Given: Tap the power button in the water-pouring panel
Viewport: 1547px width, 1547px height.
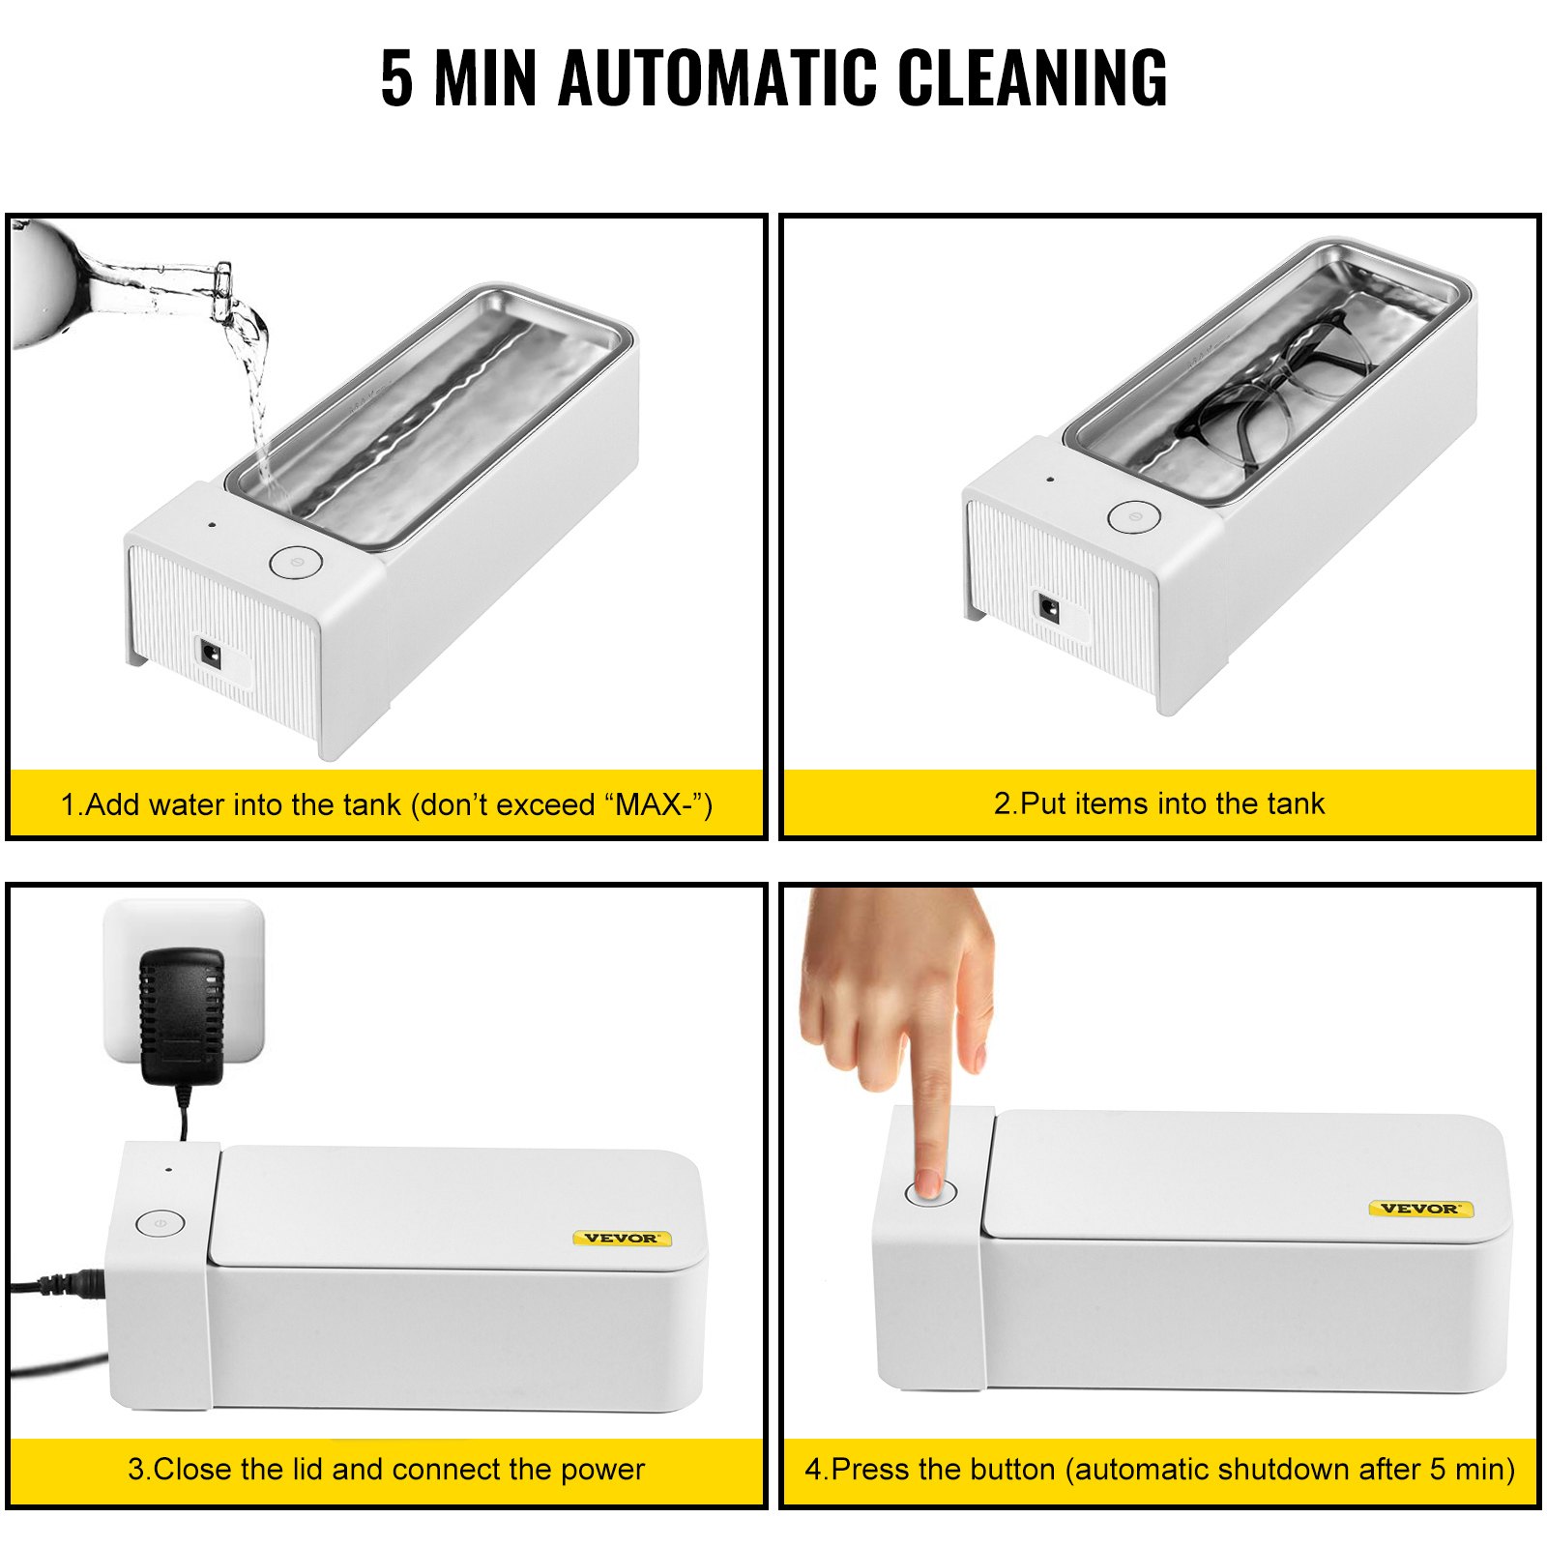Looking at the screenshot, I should pyautogui.click(x=295, y=562).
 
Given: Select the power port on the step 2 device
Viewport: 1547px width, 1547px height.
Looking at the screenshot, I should pyautogui.click(x=1048, y=610).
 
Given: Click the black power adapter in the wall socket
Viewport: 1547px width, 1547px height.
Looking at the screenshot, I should pyautogui.click(x=182, y=1015).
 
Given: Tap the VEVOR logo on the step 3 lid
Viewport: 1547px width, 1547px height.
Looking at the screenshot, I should pyautogui.click(x=621, y=1238).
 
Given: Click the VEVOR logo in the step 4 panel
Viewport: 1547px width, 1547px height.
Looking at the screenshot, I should pyautogui.click(x=1419, y=1209).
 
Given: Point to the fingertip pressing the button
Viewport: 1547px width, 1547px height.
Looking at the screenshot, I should pyautogui.click(x=929, y=1182).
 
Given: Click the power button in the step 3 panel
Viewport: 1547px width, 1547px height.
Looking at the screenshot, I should pyautogui.click(x=160, y=1223).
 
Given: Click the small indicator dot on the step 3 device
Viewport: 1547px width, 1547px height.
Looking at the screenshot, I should pyautogui.click(x=169, y=1169).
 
